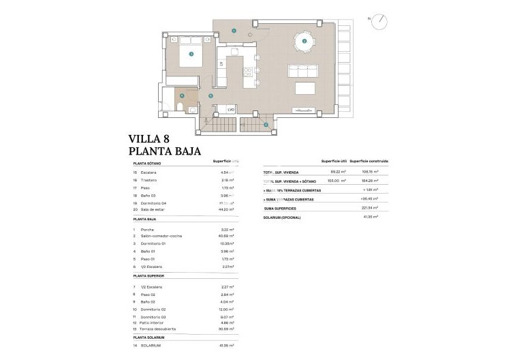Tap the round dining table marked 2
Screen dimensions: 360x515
304,41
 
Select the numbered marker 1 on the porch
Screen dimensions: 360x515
233,30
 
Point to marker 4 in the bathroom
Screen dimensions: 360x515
182,95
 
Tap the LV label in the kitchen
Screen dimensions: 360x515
221,63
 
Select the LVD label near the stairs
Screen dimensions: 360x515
231,109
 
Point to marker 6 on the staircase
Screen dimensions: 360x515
266,125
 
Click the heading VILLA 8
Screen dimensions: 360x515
154,140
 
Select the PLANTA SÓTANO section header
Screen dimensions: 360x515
147,164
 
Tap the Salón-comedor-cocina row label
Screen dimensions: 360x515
161,235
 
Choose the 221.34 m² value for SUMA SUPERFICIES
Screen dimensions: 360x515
371,208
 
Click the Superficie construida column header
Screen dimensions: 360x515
369,161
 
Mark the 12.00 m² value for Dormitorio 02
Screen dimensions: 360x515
226,309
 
